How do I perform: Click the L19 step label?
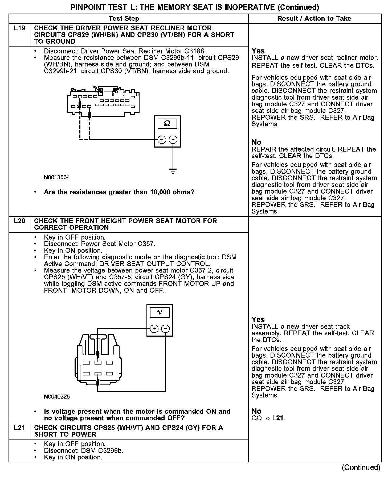(19, 28)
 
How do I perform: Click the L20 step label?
(19, 221)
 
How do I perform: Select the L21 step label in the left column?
(19, 428)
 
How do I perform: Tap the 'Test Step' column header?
(124, 19)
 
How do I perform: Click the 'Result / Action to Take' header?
(314, 19)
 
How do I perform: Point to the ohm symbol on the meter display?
(167, 123)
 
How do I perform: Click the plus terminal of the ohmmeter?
(162, 140)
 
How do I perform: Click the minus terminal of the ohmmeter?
(173, 140)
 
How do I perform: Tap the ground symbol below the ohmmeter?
(173, 171)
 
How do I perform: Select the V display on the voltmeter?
(160, 312)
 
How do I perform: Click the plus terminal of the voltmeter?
(154, 329)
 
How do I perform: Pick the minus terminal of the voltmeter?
(166, 329)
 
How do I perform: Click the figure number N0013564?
(57, 177)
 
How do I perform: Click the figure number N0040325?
(57, 397)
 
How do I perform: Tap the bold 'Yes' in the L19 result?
(258, 51)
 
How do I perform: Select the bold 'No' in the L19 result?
(256, 142)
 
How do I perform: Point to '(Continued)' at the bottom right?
(361, 467)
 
